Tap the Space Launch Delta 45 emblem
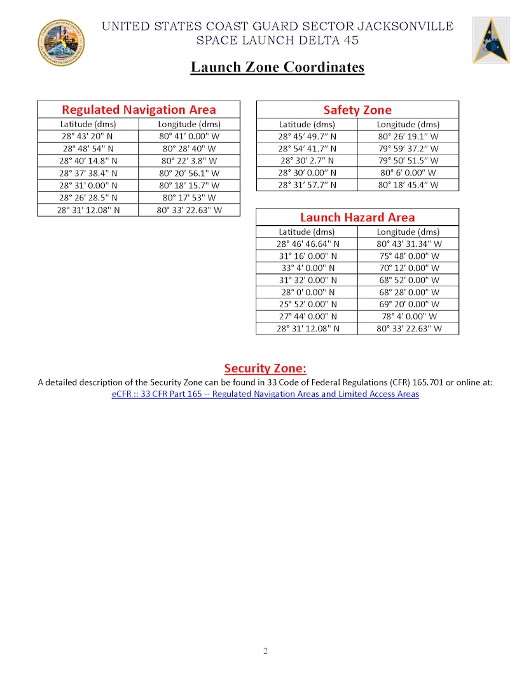click(490, 40)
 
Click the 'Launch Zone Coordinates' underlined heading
click(277, 67)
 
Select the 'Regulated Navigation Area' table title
click(139, 109)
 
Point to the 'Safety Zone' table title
click(357, 110)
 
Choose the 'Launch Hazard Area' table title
click(357, 217)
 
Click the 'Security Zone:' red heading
click(265, 368)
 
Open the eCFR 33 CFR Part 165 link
click(265, 394)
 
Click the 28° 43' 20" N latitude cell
click(88, 136)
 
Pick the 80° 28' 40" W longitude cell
click(189, 148)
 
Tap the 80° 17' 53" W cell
click(189, 197)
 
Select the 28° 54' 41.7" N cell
click(307, 148)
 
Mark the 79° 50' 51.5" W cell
click(408, 161)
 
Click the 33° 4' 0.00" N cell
click(307, 268)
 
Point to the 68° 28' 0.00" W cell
click(408, 292)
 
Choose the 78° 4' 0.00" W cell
click(408, 316)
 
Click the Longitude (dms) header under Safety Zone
click(408, 125)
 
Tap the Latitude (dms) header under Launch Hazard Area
click(307, 232)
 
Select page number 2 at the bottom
click(265, 651)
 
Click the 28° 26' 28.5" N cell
click(88, 197)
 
